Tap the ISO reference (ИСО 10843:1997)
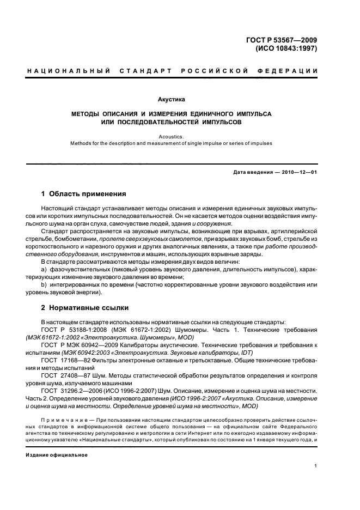(x=286, y=48)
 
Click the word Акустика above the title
(x=171, y=100)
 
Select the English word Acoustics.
(x=171, y=137)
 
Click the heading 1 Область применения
(x=84, y=194)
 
